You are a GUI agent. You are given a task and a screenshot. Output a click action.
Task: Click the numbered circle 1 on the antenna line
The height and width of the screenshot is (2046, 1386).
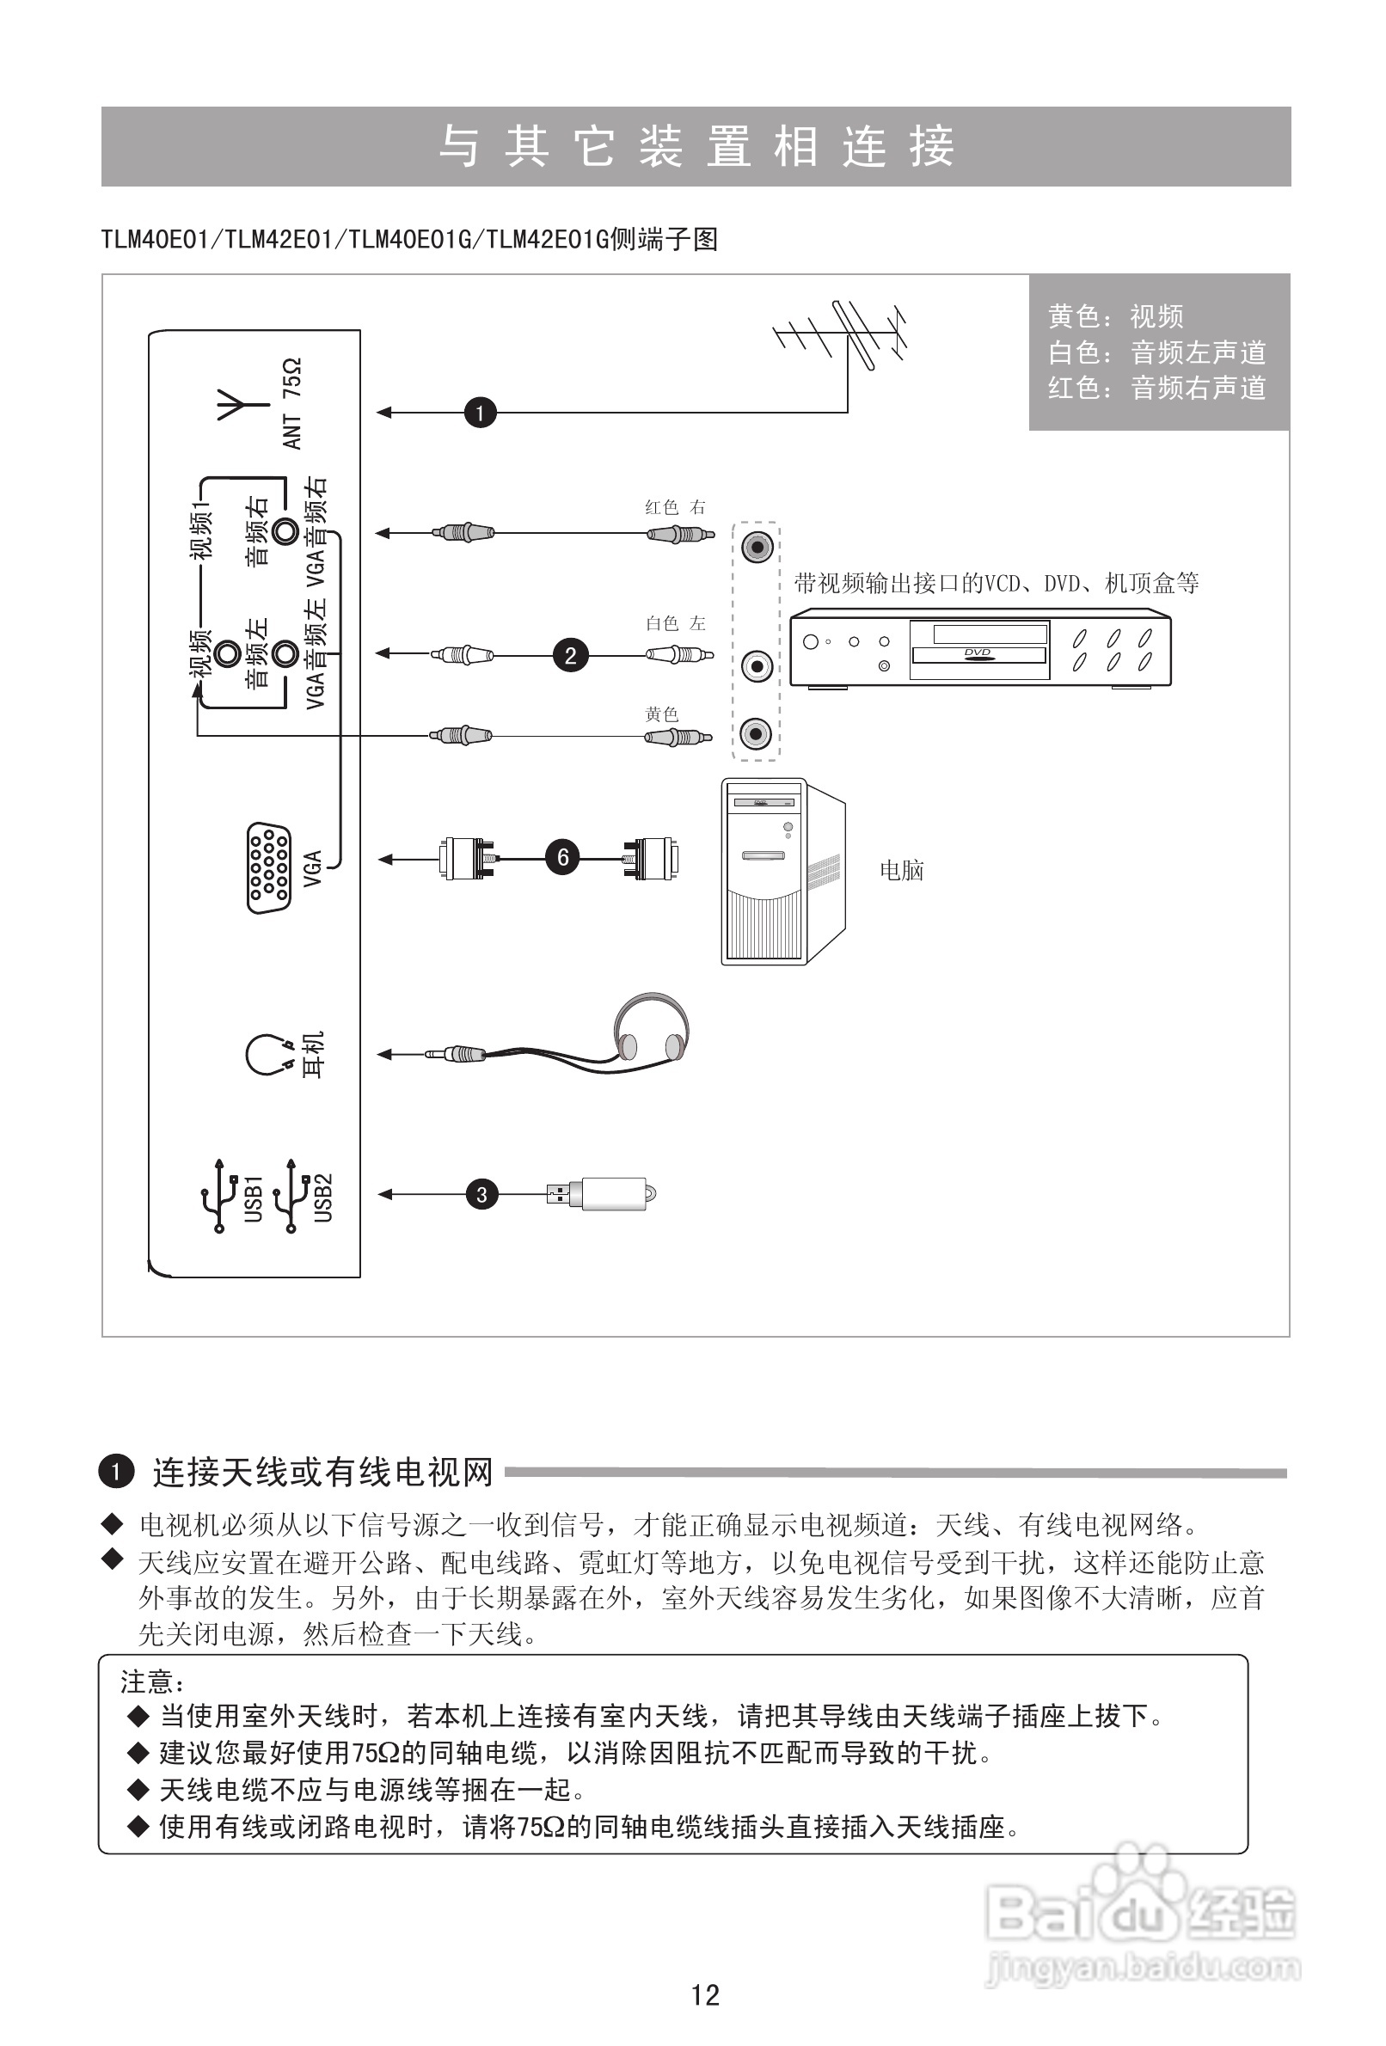coord(480,412)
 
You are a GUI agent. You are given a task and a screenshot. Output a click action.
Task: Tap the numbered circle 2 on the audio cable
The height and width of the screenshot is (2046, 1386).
coord(571,655)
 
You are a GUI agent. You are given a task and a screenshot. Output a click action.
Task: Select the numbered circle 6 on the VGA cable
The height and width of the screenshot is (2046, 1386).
coord(562,857)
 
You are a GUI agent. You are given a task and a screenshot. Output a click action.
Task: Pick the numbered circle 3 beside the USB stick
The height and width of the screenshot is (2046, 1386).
coord(481,1195)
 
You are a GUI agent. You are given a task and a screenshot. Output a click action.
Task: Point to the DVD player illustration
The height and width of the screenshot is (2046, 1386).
coord(980,650)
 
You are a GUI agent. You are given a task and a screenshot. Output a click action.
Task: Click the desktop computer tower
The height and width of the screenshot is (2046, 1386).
coord(782,872)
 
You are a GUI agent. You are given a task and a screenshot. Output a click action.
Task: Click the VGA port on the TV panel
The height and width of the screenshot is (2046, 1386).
coord(268,868)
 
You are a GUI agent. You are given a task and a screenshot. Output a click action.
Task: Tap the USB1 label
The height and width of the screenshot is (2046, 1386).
coord(253,1198)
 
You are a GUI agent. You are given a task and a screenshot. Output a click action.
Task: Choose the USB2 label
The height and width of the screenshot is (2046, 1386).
coord(323,1198)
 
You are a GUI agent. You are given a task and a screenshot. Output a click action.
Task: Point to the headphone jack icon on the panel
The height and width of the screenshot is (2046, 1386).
coord(267,1054)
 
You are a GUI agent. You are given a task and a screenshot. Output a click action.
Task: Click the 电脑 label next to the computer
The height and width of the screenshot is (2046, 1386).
coord(902,871)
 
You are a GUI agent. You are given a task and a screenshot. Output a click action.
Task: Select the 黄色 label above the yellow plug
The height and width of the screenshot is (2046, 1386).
coord(662,714)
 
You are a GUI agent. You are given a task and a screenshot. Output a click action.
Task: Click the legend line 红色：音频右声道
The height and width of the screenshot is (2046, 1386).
coord(1156,389)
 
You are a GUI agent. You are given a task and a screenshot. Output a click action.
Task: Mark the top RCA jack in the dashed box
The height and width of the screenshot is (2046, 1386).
coord(757,548)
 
